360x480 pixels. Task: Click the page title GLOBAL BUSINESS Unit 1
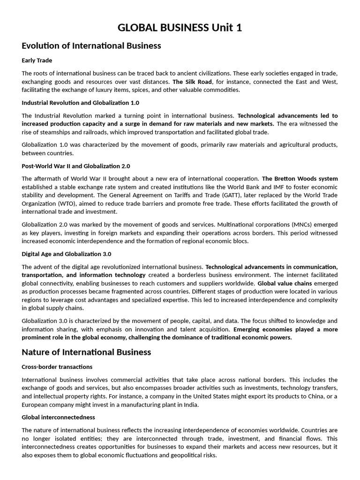(180, 28)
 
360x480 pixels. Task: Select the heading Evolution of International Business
(91, 45)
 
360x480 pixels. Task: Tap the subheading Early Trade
(37, 60)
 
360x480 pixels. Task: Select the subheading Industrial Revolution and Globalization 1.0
(80, 103)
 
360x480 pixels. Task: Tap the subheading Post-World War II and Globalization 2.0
(76, 166)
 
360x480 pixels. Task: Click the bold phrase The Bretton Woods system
(300, 179)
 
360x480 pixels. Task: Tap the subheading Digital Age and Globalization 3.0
(67, 254)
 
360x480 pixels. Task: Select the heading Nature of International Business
(86, 352)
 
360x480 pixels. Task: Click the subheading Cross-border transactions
(57, 367)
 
